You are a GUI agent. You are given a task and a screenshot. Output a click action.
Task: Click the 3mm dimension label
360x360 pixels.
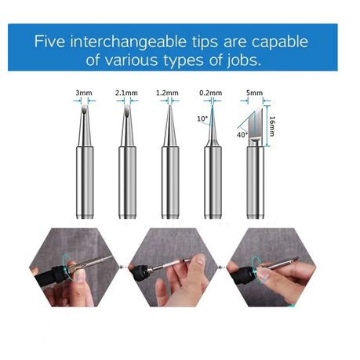click(x=84, y=93)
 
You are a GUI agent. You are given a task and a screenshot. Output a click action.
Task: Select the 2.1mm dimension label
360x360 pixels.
click(x=126, y=93)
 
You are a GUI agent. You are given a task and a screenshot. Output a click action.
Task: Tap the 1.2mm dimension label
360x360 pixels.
click(x=167, y=93)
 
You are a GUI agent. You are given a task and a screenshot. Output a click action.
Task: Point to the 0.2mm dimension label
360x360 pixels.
click(x=211, y=93)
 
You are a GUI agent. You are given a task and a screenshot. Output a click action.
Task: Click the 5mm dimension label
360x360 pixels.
click(x=255, y=93)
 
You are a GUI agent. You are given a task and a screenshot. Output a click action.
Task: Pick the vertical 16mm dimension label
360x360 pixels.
click(x=272, y=126)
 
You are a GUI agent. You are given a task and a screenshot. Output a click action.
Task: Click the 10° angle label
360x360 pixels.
click(x=202, y=118)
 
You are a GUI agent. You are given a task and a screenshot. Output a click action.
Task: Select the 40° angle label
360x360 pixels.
click(x=242, y=135)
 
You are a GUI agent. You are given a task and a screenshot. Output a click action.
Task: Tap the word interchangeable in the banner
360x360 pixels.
click(x=129, y=42)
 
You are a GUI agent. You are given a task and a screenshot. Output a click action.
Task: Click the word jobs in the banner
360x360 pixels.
click(x=244, y=60)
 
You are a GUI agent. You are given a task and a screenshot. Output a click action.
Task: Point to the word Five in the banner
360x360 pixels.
click(x=49, y=42)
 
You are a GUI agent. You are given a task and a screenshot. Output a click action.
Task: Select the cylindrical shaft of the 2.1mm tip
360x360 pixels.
click(x=127, y=183)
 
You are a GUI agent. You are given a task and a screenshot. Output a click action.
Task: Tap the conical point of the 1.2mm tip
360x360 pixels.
click(x=170, y=125)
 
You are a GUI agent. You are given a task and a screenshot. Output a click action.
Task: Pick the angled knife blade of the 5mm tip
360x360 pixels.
click(x=255, y=123)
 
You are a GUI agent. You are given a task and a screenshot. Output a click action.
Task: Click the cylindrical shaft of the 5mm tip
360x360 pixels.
click(x=256, y=183)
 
